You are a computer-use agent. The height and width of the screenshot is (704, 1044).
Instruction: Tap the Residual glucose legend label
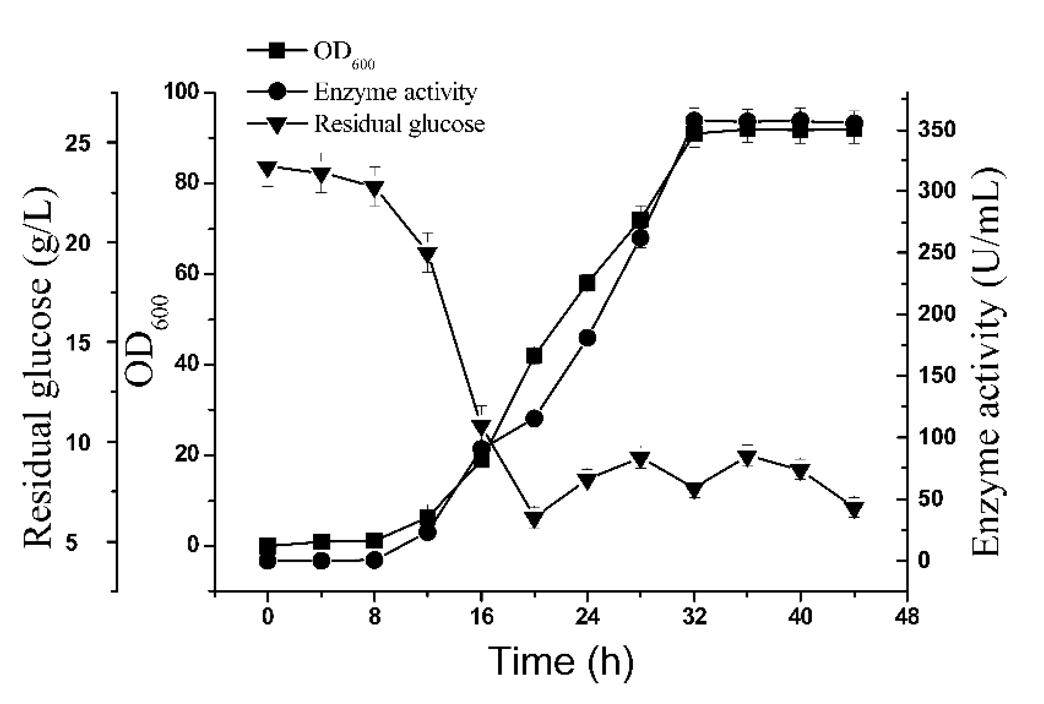399,124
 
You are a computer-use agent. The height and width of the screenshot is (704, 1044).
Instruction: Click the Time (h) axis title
561,661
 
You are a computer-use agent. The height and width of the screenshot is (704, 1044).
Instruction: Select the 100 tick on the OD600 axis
181,92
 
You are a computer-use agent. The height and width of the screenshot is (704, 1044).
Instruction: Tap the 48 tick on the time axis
907,617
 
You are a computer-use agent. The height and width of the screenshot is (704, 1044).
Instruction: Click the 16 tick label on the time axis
481,617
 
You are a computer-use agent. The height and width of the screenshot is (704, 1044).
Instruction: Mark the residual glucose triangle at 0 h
267,169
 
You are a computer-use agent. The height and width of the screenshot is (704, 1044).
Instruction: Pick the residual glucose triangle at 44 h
854,509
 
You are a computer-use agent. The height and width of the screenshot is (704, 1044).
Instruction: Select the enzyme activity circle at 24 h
587,338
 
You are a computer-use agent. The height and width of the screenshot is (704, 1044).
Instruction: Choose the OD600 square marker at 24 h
587,283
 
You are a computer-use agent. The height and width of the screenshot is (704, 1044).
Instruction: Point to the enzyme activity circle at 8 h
375,561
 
